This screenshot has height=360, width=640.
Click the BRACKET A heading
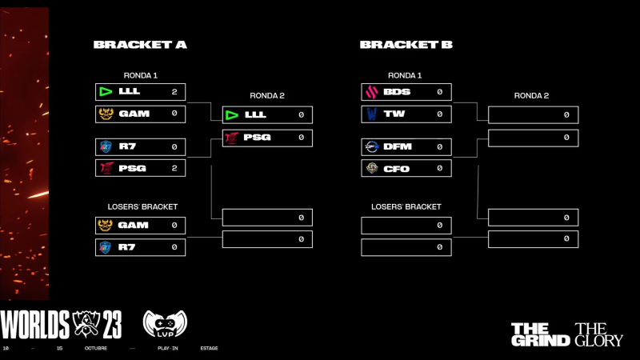tap(140, 45)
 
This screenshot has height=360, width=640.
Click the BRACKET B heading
tap(406, 45)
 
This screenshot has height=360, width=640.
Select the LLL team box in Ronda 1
tap(140, 92)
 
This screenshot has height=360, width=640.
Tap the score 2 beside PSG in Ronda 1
tap(174, 168)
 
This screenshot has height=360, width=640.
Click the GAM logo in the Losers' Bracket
tap(105, 226)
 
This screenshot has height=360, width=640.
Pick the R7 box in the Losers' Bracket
tap(140, 247)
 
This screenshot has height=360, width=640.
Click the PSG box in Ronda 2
tap(267, 138)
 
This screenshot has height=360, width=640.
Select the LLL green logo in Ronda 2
tap(232, 115)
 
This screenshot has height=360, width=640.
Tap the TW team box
tap(406, 114)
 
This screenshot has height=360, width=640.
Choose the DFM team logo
tap(371, 147)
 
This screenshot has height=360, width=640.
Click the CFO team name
tap(397, 168)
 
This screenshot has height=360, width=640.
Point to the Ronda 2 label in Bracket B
tap(531, 96)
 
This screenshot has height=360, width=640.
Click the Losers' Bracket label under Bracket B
tap(406, 206)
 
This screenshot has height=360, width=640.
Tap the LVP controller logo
tap(164, 325)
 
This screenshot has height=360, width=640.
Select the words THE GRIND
tap(540, 334)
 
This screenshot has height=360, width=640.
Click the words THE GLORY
tap(599, 334)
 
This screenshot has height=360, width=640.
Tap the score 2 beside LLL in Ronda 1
tap(174, 92)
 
